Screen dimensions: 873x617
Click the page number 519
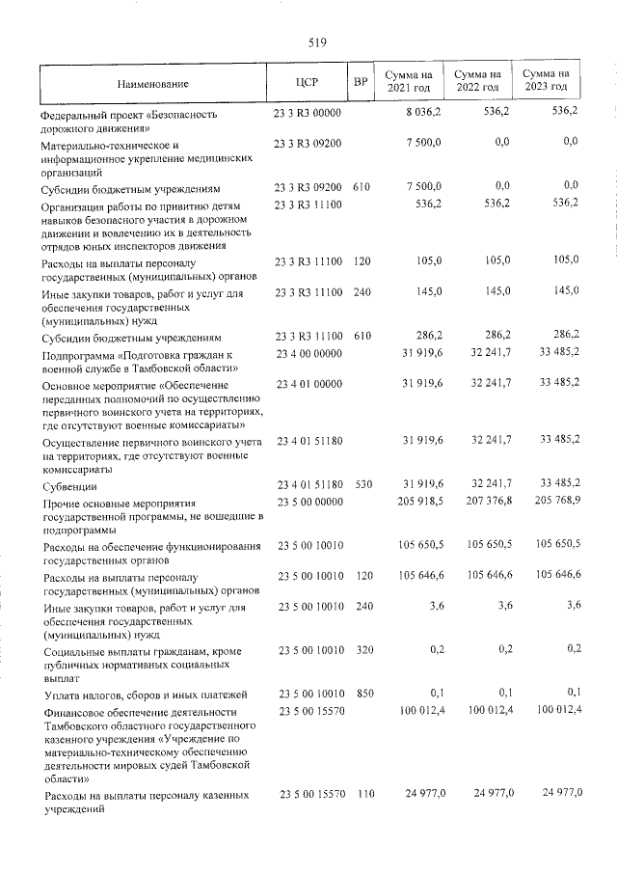[318, 41]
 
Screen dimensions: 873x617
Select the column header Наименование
[153, 83]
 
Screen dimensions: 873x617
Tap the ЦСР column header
[308, 82]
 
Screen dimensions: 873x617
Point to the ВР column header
[361, 82]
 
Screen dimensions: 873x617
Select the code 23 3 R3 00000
[308, 113]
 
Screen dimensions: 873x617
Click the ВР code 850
[361, 694]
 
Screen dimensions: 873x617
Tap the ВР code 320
[361, 650]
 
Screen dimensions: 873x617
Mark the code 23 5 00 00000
[308, 502]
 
